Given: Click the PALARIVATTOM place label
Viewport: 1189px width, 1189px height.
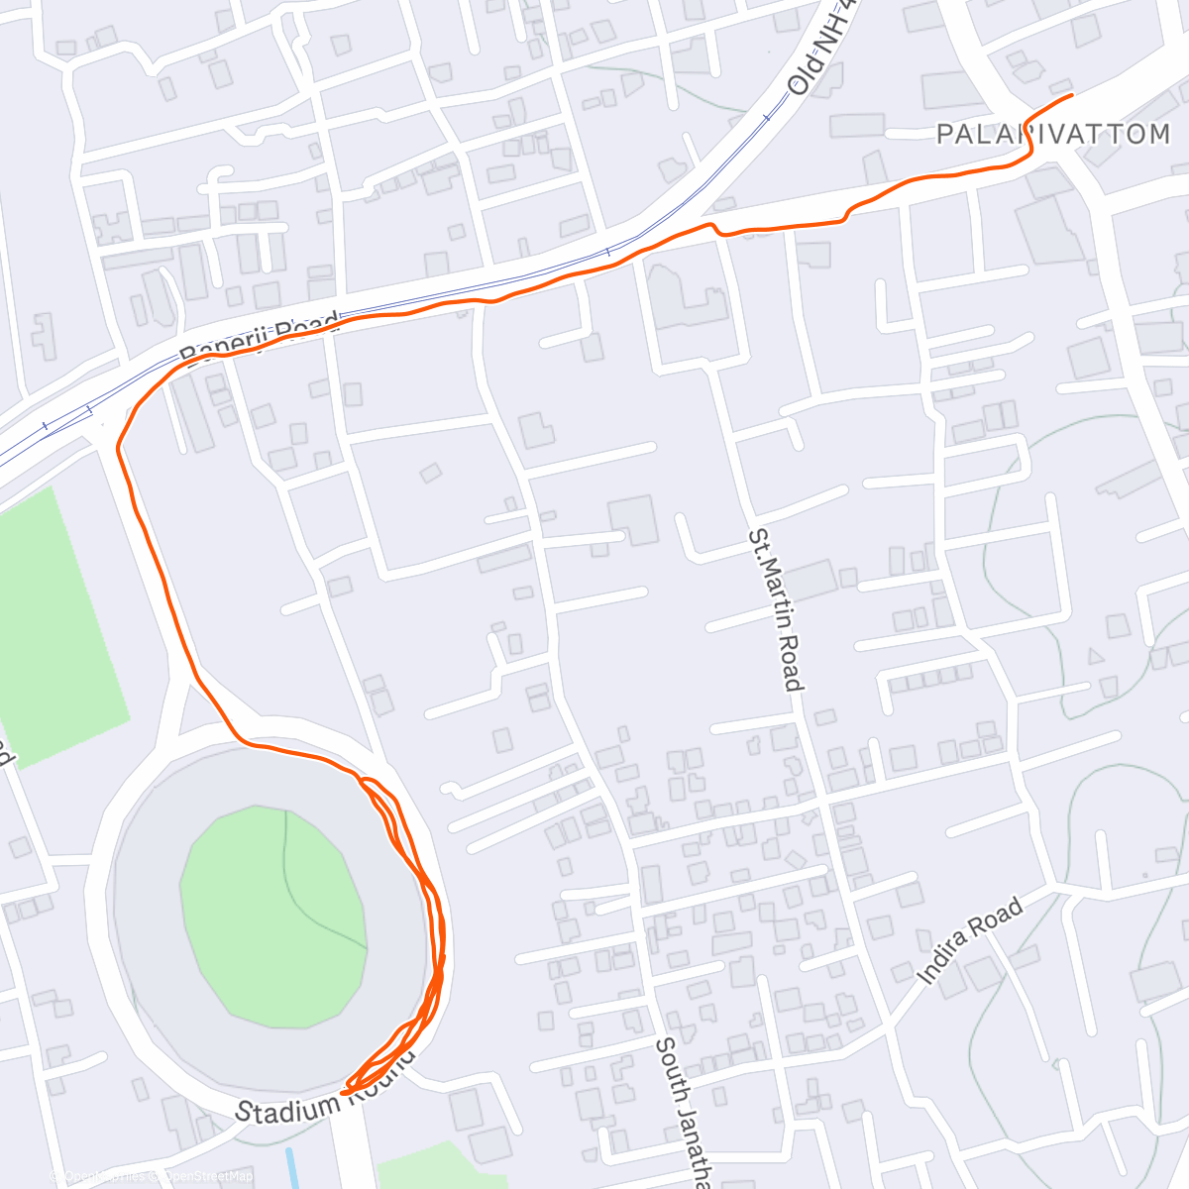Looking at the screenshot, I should click(1053, 134).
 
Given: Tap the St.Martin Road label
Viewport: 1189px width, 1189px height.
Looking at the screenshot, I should click(775, 609).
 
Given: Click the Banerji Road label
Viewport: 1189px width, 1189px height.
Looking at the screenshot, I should click(260, 337).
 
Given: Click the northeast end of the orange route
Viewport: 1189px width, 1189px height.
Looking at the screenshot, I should click(1072, 96).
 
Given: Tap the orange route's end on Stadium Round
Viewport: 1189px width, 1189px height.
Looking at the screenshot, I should click(343, 1092).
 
